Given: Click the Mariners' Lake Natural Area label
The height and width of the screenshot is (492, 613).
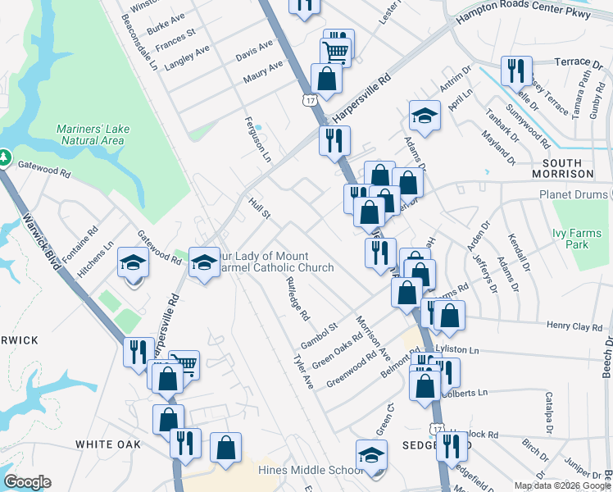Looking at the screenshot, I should coord(93,134).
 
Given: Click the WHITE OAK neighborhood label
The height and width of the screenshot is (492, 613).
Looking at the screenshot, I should coord(108,444).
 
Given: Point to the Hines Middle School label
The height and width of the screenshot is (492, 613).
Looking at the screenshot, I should coord(310,470).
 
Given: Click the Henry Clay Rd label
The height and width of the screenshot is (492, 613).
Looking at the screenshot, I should coord(574,326).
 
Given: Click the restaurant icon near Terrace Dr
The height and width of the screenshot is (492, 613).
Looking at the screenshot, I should coord(516,71).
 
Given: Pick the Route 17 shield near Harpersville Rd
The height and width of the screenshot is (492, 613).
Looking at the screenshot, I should coord(308,100).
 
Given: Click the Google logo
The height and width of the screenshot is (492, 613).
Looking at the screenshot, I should coord(27,482).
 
